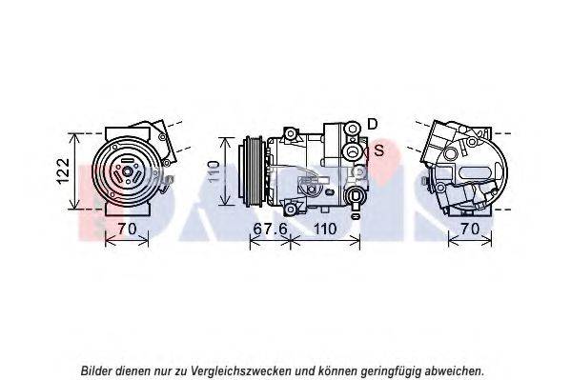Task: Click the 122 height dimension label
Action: pyautogui.click(x=64, y=171)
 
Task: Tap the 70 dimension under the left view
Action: pyautogui.click(x=127, y=229)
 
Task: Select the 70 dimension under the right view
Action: pyautogui.click(x=471, y=229)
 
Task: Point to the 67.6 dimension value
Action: pyautogui.click(x=270, y=229)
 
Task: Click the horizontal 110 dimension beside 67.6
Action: pyautogui.click(x=325, y=229)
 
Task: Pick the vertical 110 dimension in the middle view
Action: pyautogui.click(x=214, y=171)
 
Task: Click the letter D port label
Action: pyautogui.click(x=373, y=124)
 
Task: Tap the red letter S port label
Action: pyautogui.click(x=379, y=150)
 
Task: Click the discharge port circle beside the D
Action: pyautogui.click(x=352, y=129)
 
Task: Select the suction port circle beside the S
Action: pyautogui.click(x=352, y=150)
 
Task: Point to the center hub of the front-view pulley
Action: pyautogui.click(x=127, y=171)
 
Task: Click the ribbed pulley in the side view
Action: pyautogui.click(x=251, y=171)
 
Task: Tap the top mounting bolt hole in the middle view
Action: pyautogui.click(x=290, y=133)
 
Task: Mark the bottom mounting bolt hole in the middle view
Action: pyautogui.click(x=290, y=209)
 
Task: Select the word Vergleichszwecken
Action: pyautogui.click(x=241, y=371)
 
